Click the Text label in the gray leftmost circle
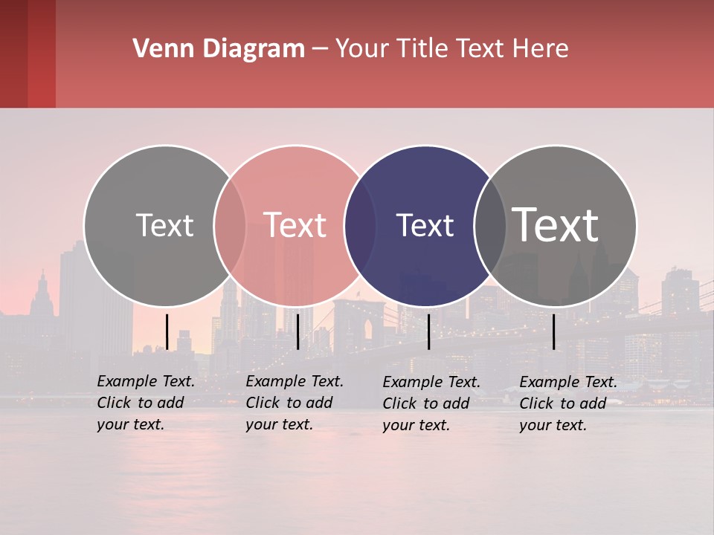point(164,225)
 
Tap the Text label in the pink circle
point(295,225)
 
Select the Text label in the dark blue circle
point(425,225)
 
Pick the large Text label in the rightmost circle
point(556,225)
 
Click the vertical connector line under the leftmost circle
point(167,331)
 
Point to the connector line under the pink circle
point(297,331)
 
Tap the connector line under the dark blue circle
point(428,331)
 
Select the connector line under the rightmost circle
point(553,331)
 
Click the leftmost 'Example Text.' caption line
point(146,381)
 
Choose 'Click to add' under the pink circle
point(289,403)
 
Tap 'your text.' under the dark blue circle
point(416,425)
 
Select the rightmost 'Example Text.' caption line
point(568,382)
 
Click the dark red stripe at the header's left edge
point(13,53)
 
